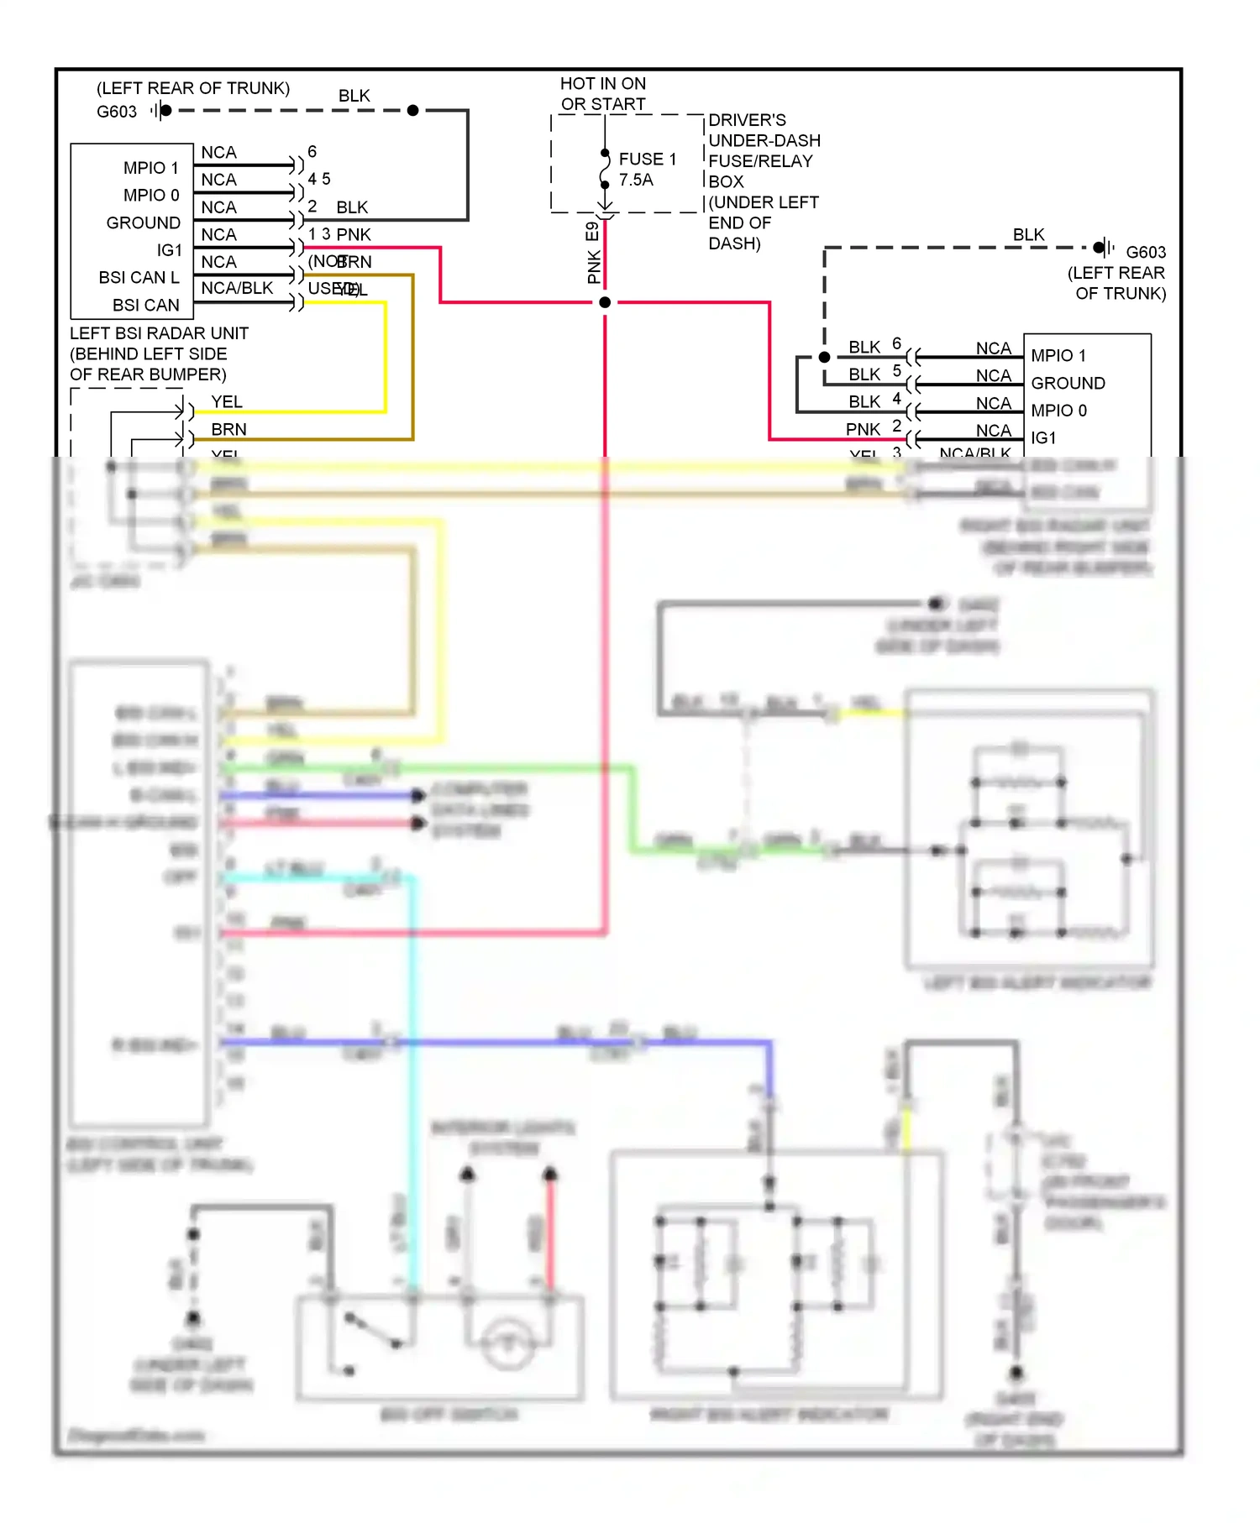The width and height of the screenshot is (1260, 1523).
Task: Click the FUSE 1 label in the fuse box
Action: pos(647,159)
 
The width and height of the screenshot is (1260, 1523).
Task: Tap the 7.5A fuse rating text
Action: pos(636,180)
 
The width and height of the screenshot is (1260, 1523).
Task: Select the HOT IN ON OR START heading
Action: pos(603,93)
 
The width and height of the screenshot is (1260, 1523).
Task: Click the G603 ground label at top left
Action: pos(117,112)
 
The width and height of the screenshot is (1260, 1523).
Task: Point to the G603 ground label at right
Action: pos(1146,252)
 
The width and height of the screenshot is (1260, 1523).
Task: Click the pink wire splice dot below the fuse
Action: pos(605,302)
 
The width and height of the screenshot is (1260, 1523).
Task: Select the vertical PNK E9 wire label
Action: pos(594,253)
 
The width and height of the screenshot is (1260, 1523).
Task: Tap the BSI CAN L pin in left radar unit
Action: pos(139,277)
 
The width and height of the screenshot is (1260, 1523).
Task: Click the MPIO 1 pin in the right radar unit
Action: pos(1058,355)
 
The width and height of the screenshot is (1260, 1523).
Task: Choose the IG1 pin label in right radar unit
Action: pos(1043,437)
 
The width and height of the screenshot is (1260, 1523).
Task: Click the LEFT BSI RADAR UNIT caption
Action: pos(159,333)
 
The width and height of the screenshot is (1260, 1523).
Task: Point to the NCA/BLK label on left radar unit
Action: pos(237,288)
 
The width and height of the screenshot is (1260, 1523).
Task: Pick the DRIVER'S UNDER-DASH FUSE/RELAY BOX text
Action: pos(763,181)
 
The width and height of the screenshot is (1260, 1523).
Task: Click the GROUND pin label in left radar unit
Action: pos(143,222)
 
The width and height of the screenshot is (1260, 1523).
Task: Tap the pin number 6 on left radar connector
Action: pos(312,151)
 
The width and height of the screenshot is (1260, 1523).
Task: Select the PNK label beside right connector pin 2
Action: pos(863,429)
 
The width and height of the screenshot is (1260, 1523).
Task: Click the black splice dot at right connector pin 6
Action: pos(825,357)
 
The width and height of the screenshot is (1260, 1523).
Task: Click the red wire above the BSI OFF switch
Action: pos(550,1234)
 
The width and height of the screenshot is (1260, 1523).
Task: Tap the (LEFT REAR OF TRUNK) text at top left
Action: pos(193,88)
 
